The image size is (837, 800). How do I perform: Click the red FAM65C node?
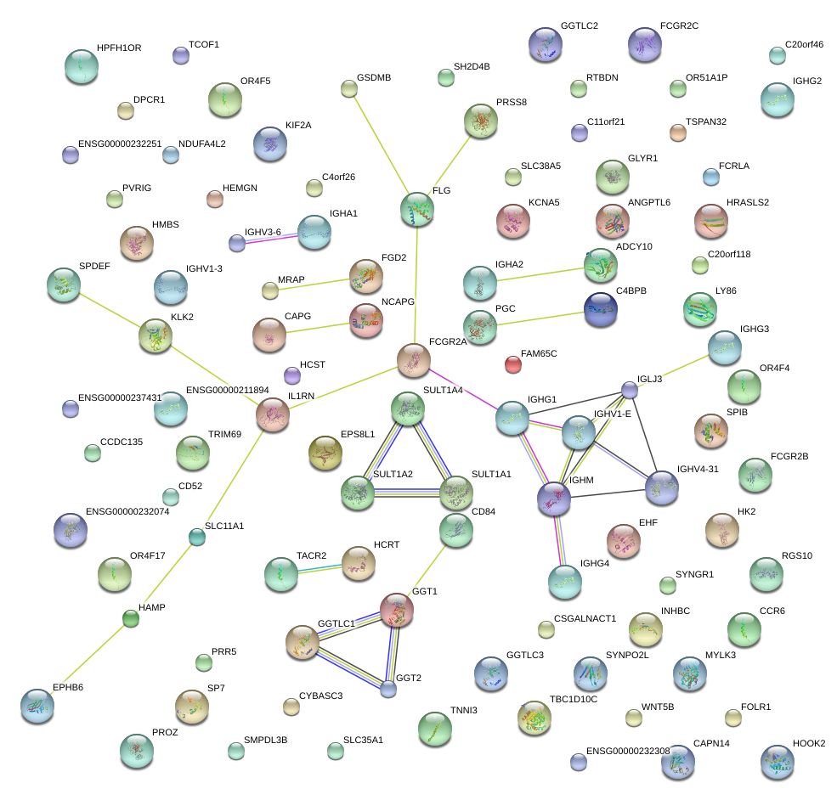512,364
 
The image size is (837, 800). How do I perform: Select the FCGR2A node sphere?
414,361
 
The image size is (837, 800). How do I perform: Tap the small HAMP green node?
130,618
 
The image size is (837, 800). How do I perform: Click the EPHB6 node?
37,706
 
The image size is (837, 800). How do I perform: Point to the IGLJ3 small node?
629,389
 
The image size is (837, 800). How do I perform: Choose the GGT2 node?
387,689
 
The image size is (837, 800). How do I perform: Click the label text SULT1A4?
443,390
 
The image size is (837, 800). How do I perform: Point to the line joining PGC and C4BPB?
540,319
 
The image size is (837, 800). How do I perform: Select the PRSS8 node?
482,121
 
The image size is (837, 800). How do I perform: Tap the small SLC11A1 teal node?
197,537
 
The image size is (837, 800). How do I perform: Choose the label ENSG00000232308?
628,751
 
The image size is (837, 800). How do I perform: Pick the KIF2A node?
270,144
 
